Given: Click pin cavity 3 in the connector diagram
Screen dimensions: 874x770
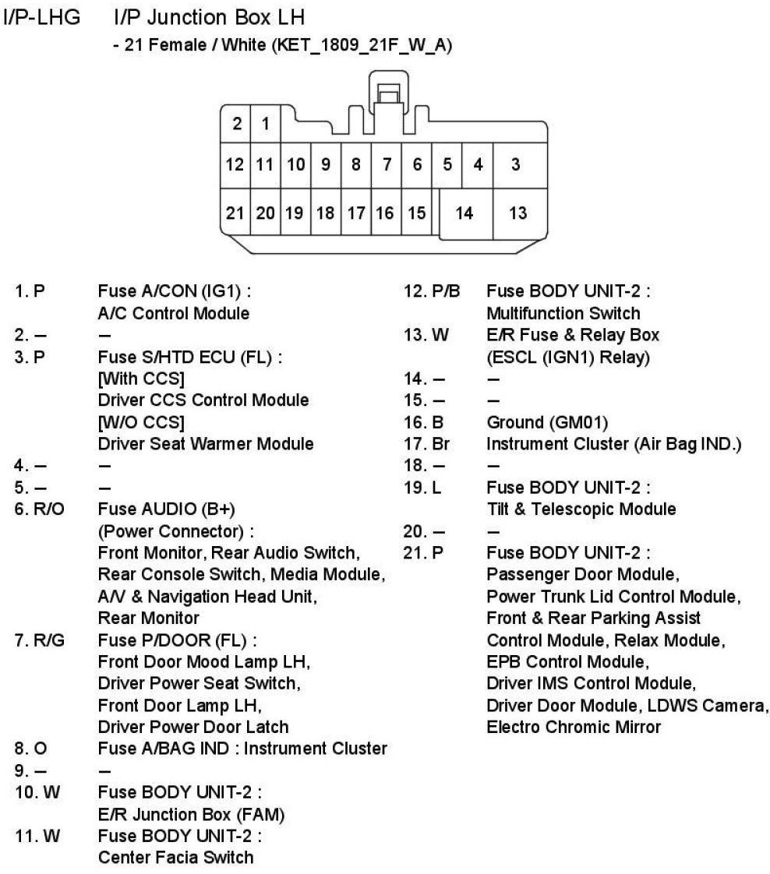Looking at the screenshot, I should pos(516,165).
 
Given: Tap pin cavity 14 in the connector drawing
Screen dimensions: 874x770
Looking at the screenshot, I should pos(464,213).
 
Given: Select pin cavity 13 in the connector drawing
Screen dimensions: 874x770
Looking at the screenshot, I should pos(517,213).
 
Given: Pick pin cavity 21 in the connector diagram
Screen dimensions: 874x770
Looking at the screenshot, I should pos(235,213).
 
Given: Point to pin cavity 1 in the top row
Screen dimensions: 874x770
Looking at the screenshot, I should pos(265,123).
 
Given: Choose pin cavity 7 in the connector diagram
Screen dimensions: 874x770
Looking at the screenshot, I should pos(386,165).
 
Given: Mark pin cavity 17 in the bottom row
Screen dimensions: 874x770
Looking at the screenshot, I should pos(355,213).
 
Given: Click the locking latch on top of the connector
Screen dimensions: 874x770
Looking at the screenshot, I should pos(387,95).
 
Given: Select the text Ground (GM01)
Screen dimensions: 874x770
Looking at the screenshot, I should pos(547,422).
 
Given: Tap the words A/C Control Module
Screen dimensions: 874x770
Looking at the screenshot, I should pos(174,313).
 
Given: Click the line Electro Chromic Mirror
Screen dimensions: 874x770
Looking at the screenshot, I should pos(574,727).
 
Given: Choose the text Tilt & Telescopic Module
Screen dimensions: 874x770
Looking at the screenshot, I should pos(581,509).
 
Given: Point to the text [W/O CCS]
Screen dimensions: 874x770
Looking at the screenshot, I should pos(141,422).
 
